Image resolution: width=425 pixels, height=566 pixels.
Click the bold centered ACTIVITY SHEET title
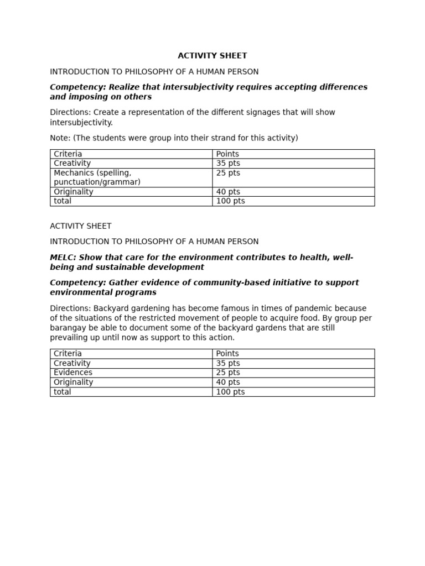click(x=212, y=56)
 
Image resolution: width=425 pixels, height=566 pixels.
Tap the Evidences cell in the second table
click(x=73, y=373)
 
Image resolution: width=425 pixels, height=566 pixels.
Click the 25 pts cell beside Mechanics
click(x=228, y=173)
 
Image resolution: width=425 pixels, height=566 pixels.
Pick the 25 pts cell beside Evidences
click(x=228, y=373)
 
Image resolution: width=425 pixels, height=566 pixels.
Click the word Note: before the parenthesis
click(x=60, y=138)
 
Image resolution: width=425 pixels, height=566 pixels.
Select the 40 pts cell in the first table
click(x=228, y=192)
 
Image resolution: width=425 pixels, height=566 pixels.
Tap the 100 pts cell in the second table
click(x=230, y=392)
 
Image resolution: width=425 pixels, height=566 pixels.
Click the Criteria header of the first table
click(x=68, y=154)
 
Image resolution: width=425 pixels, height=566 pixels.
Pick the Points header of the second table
click(x=227, y=354)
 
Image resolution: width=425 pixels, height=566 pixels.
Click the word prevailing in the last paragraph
click(x=70, y=338)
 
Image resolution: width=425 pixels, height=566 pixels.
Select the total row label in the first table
click(x=63, y=201)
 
